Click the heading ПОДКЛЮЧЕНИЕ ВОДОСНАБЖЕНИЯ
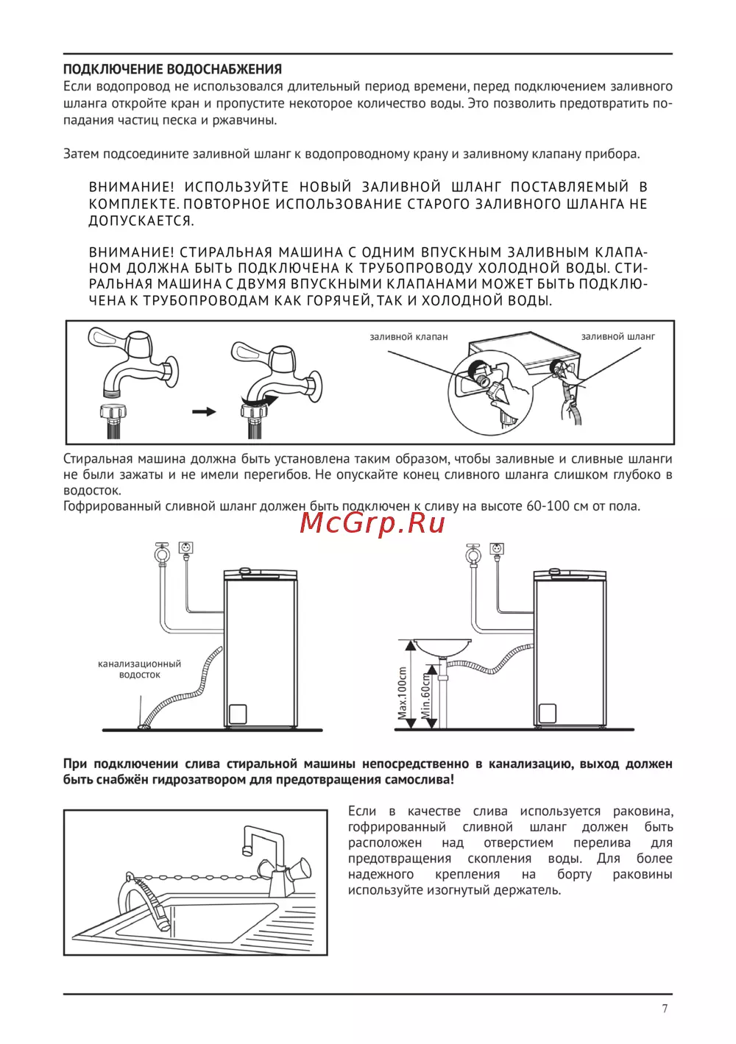coord(172,69)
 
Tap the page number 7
coord(665,1009)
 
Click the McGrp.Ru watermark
coord(373,522)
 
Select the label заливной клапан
coord(408,337)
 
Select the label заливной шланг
coord(618,337)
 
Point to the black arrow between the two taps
coord(204,411)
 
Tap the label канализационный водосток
coord(139,669)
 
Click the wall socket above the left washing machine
coord(186,549)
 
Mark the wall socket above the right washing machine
coord(497,549)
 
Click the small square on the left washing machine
coord(237,714)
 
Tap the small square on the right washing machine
coord(547,713)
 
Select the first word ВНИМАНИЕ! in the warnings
coord(131,188)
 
